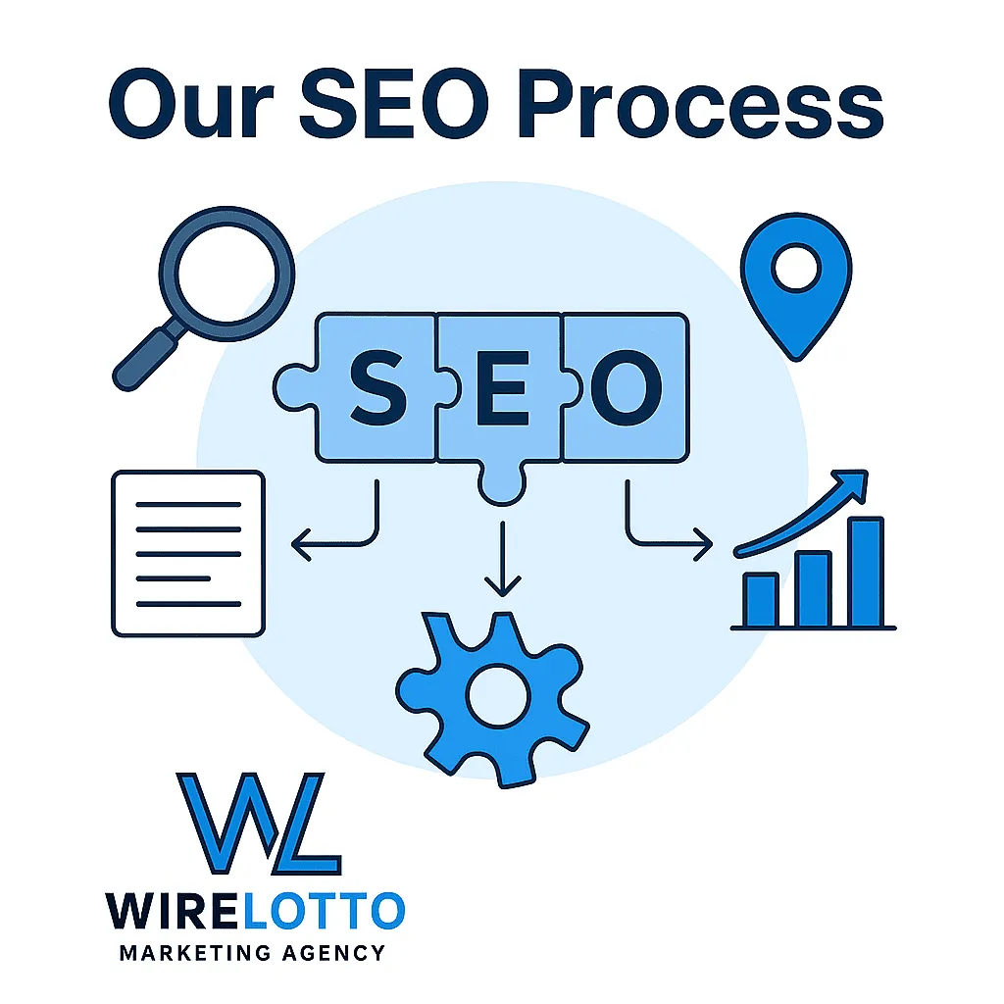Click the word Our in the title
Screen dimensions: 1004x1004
pos(191,103)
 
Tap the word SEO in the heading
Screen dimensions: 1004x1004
pos(394,103)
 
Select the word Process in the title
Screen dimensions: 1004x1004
pos(700,104)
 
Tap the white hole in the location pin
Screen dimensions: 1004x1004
pos(796,268)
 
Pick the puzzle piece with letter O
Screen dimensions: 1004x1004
pos(626,387)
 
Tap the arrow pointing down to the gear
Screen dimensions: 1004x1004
pos(503,558)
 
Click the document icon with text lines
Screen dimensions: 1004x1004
pos(188,554)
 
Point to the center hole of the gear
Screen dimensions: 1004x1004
pos(498,695)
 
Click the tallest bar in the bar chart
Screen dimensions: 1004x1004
pos(866,572)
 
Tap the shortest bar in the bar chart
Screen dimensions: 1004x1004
pos(761,600)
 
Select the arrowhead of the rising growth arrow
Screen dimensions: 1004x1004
pos(852,484)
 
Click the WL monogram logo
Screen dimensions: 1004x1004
pos(259,824)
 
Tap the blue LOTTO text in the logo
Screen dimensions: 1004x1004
pos(324,911)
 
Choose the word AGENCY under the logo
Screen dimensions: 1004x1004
pos(333,953)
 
